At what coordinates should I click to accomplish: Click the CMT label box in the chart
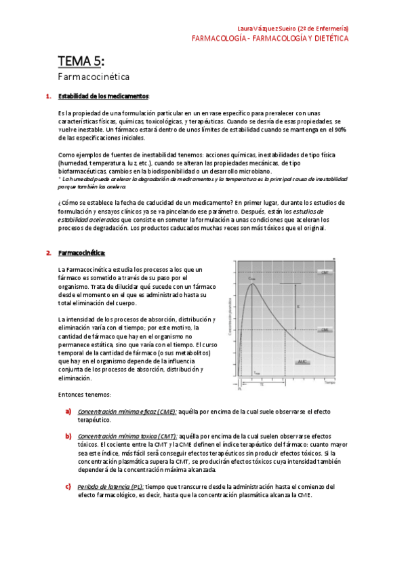[325, 272]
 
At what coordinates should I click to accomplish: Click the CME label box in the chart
[325, 311]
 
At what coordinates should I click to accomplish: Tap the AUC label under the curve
[304, 361]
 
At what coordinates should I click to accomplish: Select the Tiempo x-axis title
[329, 383]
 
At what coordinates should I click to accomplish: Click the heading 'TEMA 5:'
[81, 62]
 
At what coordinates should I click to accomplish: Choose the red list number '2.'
[49, 253]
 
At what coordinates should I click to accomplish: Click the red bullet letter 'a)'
[68, 411]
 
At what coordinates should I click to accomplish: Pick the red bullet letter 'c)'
[68, 486]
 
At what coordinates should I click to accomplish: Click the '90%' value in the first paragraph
[339, 128]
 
